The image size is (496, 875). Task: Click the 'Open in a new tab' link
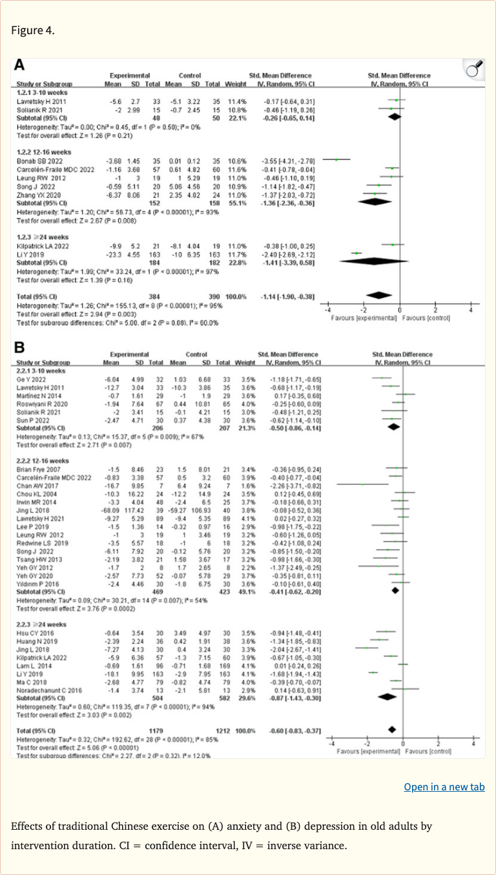coord(444,787)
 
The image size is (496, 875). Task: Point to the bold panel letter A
coord(20,65)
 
